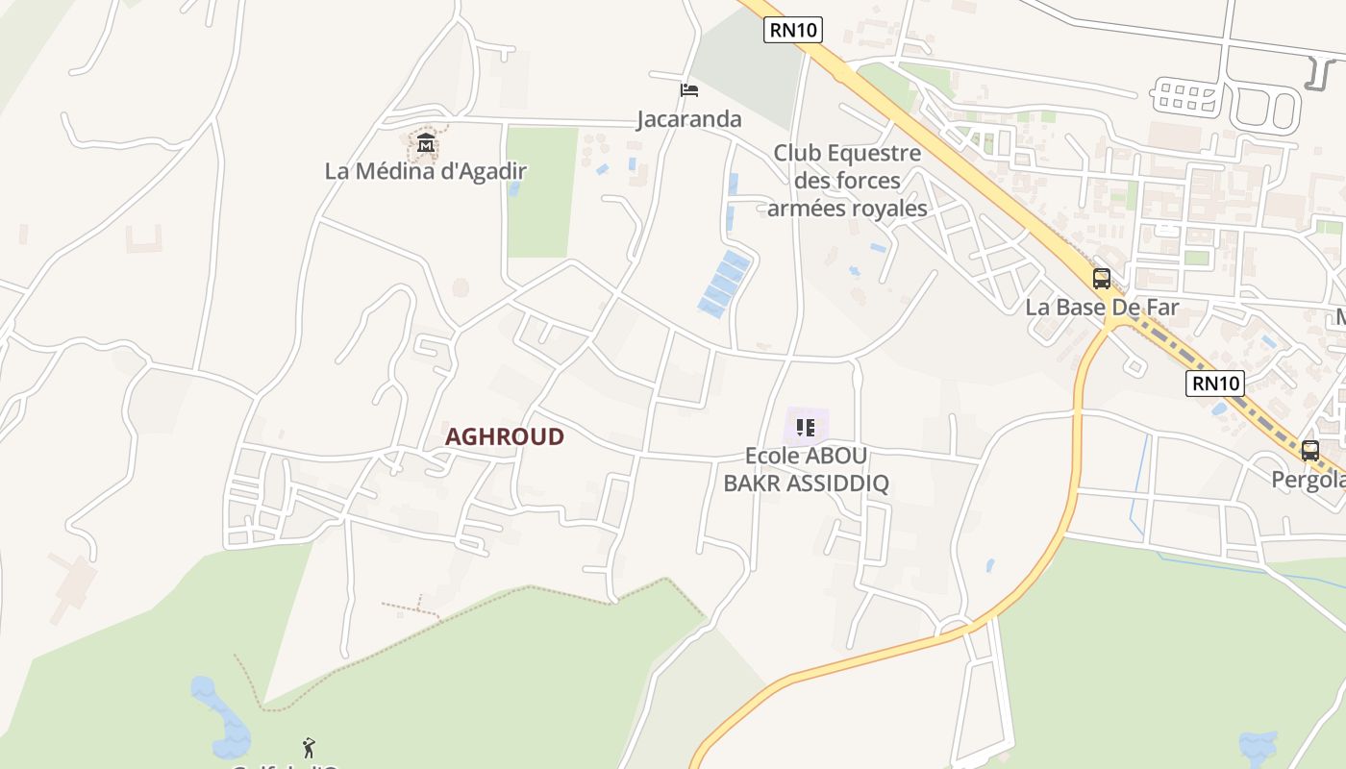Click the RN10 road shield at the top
793,30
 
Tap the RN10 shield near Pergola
1215,384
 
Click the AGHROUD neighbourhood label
505,436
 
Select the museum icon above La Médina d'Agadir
426,145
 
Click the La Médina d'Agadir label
426,172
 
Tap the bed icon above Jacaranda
688,90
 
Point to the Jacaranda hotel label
689,119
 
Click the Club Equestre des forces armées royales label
847,181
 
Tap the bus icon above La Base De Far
1102,279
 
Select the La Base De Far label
1102,308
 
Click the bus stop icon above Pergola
1309,450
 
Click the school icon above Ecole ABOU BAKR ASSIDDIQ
806,428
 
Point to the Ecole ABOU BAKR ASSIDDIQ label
806,469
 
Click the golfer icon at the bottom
309,747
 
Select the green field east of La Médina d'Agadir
541,192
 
